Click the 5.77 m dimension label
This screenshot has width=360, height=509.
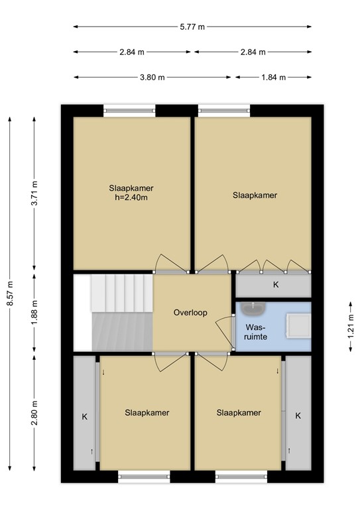pyautogui.click(x=192, y=27)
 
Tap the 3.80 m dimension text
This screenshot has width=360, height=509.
pyautogui.click(x=152, y=77)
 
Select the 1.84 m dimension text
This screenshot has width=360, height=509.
pyautogui.click(x=273, y=77)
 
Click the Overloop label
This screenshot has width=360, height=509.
pyautogui.click(x=190, y=312)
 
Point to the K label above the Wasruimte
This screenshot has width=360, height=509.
pyautogui.click(x=276, y=285)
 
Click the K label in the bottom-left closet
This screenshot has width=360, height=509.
pyautogui.click(x=84, y=417)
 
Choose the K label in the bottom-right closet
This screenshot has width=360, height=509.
pyautogui.click(x=298, y=416)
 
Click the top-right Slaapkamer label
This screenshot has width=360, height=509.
pyautogui.click(x=254, y=195)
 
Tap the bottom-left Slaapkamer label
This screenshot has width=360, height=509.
pyautogui.click(x=147, y=412)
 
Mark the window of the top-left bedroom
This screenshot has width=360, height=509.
pyautogui.click(x=129, y=110)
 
